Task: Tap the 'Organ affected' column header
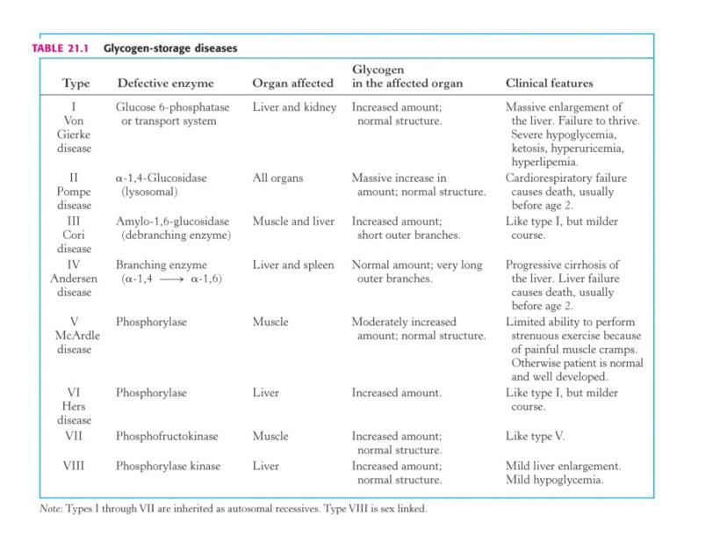coord(292,83)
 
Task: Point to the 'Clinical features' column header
coord(549,83)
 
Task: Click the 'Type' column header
coord(76,83)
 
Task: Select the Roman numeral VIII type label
coord(74,466)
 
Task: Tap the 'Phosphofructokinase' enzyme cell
coord(167,436)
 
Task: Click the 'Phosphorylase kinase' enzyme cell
coord(168,466)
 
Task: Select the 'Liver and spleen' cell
coord(293,265)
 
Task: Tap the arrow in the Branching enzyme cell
coord(169,279)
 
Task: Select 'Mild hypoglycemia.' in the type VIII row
coord(555,480)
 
